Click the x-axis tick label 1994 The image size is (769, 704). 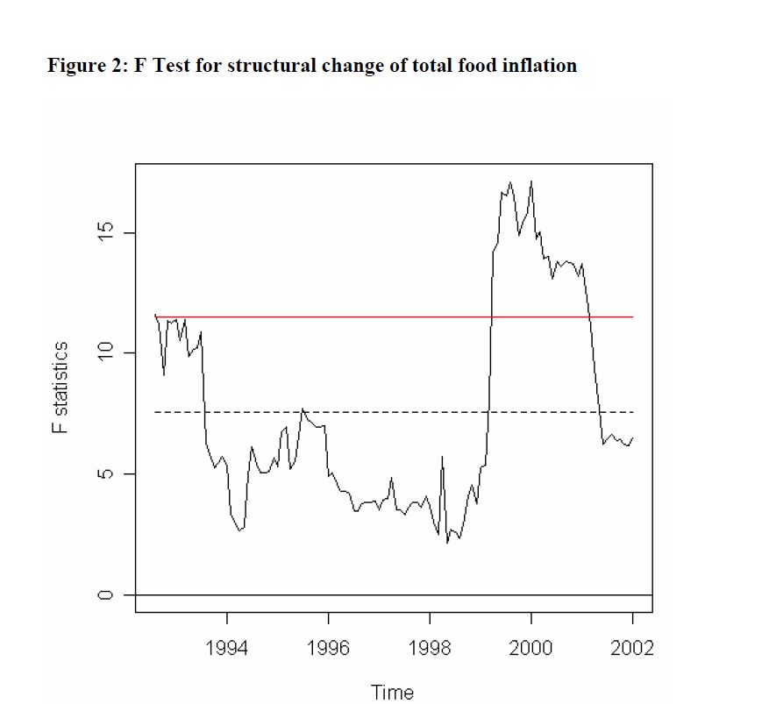tap(227, 648)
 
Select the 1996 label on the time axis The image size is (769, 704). tap(329, 648)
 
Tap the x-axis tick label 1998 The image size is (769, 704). tap(430, 648)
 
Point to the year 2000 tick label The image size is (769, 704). tap(530, 648)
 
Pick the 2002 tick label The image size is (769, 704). tap(632, 648)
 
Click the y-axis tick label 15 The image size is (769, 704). tap(104, 233)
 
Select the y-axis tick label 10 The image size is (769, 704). tap(104, 353)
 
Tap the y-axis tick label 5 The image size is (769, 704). tap(104, 473)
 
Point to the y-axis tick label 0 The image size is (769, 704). tap(104, 594)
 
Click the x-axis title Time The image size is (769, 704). tap(392, 693)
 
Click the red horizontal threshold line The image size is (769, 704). tap(395, 316)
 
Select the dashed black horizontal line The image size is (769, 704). tap(395, 412)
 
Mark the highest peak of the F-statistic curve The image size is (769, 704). tap(531, 181)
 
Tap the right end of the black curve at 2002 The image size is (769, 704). tap(632, 437)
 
